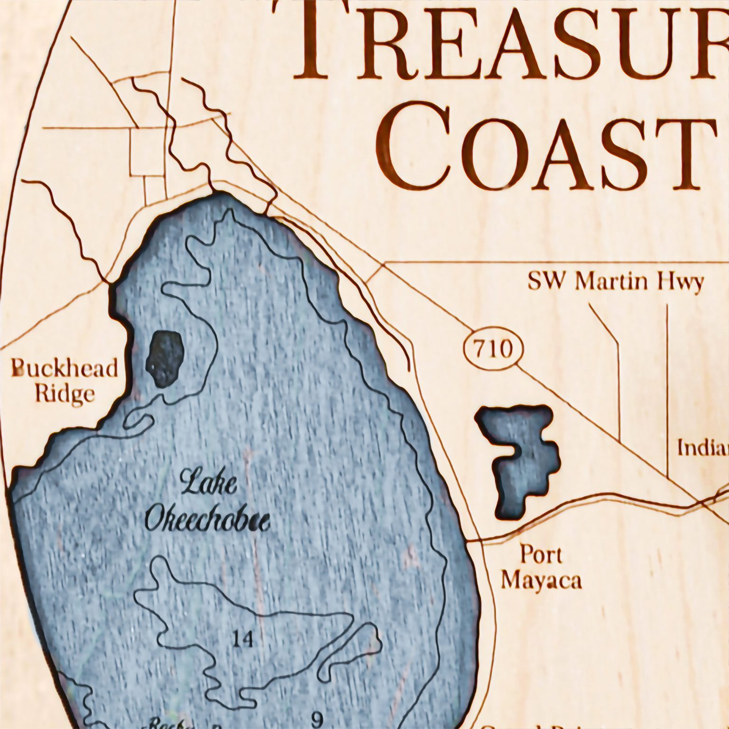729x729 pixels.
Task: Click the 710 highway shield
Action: point(493,350)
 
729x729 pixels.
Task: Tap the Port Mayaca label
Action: point(541,567)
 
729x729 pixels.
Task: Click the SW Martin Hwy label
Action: point(616,282)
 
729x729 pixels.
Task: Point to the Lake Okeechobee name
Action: point(207,504)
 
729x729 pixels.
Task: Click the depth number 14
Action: point(243,640)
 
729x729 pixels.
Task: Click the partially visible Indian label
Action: point(702,448)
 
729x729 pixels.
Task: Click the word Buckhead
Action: point(65,368)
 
